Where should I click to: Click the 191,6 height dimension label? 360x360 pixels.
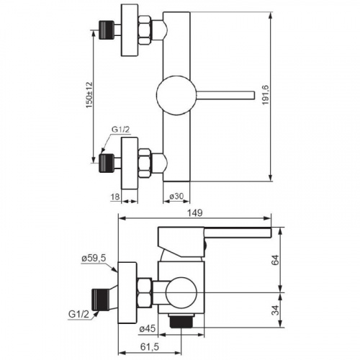click(266, 95)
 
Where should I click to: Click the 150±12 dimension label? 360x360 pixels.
click(89, 95)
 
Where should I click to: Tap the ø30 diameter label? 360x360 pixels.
click(176, 197)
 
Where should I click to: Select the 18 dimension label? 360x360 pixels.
click(115, 197)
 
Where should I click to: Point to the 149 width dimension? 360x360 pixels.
click(195, 212)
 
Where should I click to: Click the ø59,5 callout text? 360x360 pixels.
click(94, 258)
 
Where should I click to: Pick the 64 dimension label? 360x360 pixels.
click(276, 260)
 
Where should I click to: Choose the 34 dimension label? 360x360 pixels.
click(276, 310)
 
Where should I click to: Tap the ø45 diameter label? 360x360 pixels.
click(148, 328)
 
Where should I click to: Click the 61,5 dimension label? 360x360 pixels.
click(149, 347)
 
